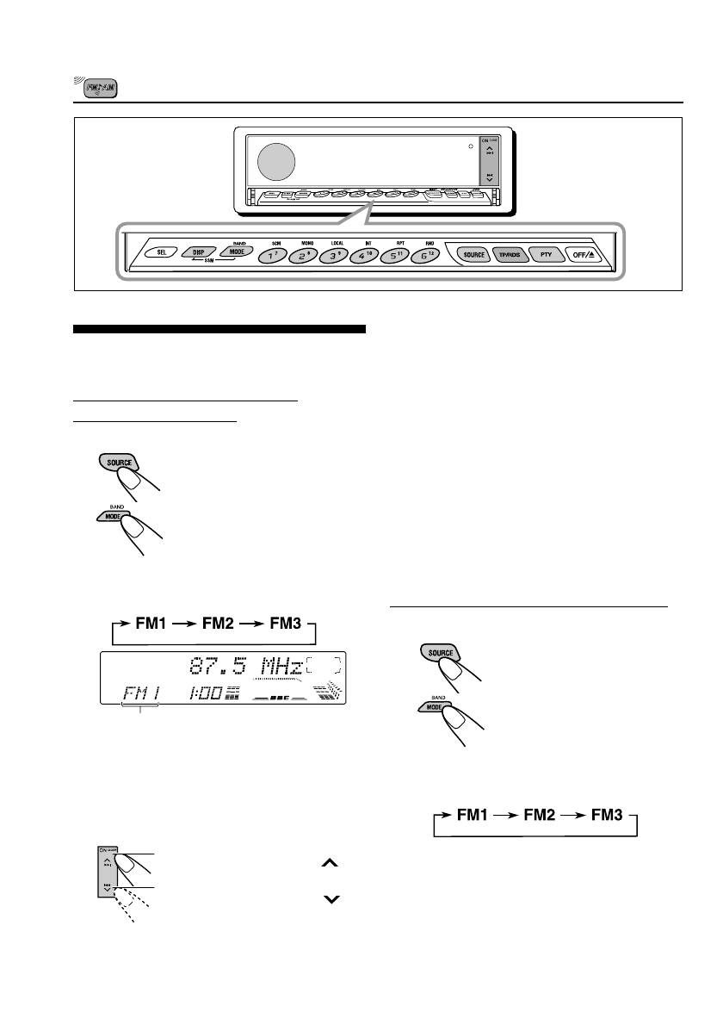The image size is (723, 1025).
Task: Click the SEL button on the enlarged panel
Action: [160, 253]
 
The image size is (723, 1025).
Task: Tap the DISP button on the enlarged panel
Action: [198, 255]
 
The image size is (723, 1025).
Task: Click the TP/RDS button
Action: [506, 255]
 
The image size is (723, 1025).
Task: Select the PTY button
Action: [545, 255]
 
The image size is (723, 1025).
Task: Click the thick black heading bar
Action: [219, 329]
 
